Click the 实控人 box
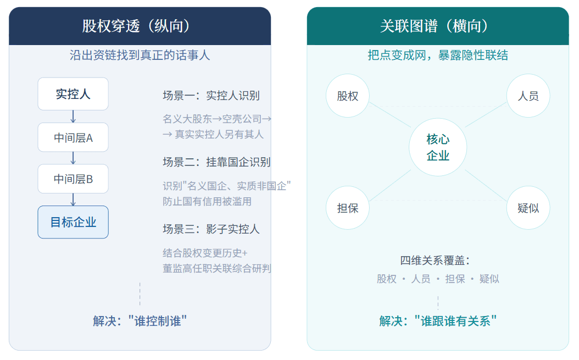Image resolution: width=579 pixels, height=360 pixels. [x=73, y=94]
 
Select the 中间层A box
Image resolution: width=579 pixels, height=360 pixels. [x=73, y=137]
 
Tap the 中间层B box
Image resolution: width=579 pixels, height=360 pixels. [x=73, y=179]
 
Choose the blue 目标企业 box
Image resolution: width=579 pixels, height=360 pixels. [x=73, y=222]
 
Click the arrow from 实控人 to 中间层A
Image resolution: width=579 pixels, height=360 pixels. [x=73, y=117]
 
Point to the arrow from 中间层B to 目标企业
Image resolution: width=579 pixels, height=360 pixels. [x=73, y=200]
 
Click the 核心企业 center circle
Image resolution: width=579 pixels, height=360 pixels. [x=438, y=147]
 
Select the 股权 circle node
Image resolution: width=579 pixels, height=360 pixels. [x=348, y=96]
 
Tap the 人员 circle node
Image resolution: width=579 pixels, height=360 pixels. [x=528, y=96]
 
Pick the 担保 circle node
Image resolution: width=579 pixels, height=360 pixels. [x=348, y=208]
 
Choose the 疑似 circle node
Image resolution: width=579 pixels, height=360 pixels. [x=528, y=208]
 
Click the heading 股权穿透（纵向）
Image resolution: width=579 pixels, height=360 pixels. [x=136, y=26]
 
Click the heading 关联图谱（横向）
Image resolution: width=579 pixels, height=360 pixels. [x=434, y=26]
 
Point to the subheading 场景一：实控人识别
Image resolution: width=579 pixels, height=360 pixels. [x=211, y=96]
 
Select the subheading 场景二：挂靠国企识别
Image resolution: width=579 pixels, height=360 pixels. [x=217, y=162]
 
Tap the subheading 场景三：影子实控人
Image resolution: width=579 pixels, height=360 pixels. [x=211, y=229]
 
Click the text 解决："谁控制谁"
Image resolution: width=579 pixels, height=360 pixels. [x=140, y=321]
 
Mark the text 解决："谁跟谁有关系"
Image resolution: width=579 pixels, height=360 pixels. [x=438, y=321]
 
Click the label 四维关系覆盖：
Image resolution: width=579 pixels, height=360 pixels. [x=435, y=261]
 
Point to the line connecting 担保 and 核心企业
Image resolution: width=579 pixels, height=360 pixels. [x=391, y=186]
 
